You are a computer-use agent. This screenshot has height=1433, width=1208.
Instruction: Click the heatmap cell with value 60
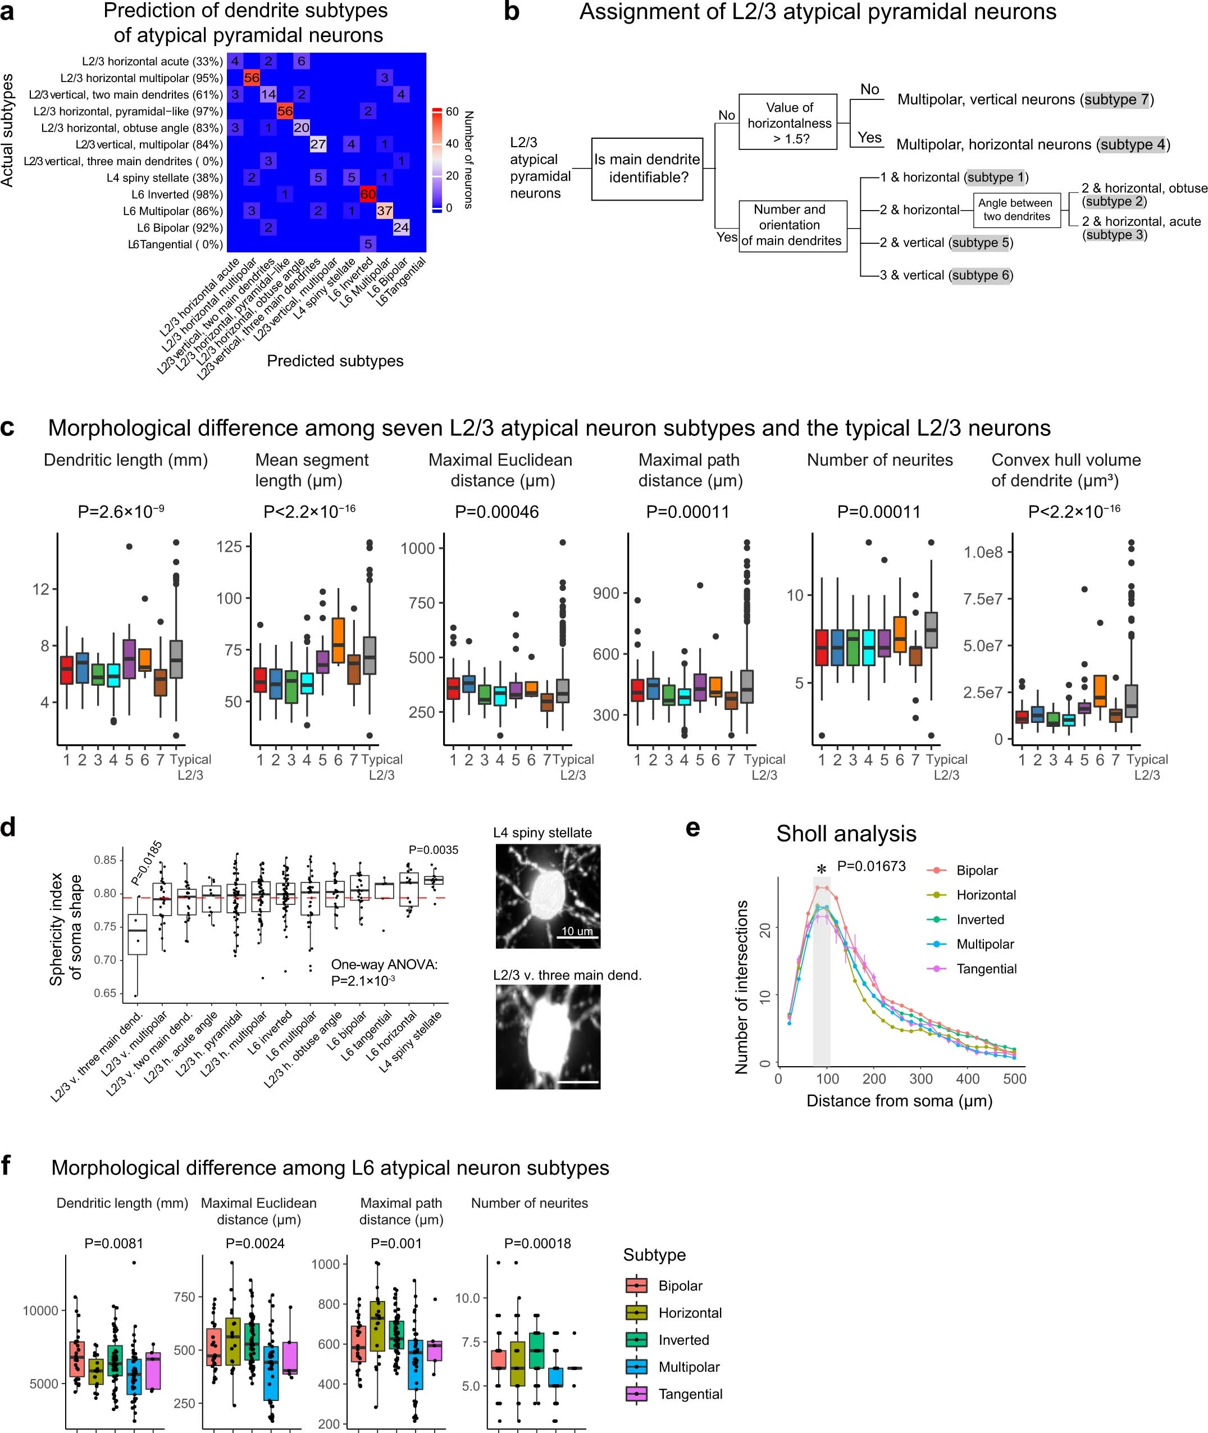(368, 194)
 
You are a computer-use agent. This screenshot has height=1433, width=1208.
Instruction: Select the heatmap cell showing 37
(384, 211)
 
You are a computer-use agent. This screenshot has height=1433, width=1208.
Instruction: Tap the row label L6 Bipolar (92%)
(179, 228)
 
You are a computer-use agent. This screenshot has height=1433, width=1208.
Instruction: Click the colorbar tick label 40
(452, 144)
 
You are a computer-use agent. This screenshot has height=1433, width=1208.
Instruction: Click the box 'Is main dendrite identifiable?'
(646, 169)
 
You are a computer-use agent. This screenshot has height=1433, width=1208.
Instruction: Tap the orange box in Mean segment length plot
(338, 640)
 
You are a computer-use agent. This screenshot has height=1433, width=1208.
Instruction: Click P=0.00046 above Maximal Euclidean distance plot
(496, 512)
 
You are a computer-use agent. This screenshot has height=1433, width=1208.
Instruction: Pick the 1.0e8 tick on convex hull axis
(983, 552)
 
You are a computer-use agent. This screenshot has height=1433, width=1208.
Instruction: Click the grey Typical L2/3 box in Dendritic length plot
(176, 659)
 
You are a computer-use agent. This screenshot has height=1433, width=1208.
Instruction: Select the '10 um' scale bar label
(577, 931)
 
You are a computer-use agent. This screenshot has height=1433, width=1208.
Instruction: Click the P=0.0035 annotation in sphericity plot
(433, 850)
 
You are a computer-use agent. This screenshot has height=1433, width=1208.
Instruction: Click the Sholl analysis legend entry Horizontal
(986, 895)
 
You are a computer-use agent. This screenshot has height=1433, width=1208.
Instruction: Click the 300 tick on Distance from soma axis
(920, 1079)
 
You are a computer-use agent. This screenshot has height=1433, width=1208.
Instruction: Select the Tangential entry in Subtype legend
(690, 1394)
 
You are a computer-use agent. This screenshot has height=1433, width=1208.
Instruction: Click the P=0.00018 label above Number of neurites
(537, 1243)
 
